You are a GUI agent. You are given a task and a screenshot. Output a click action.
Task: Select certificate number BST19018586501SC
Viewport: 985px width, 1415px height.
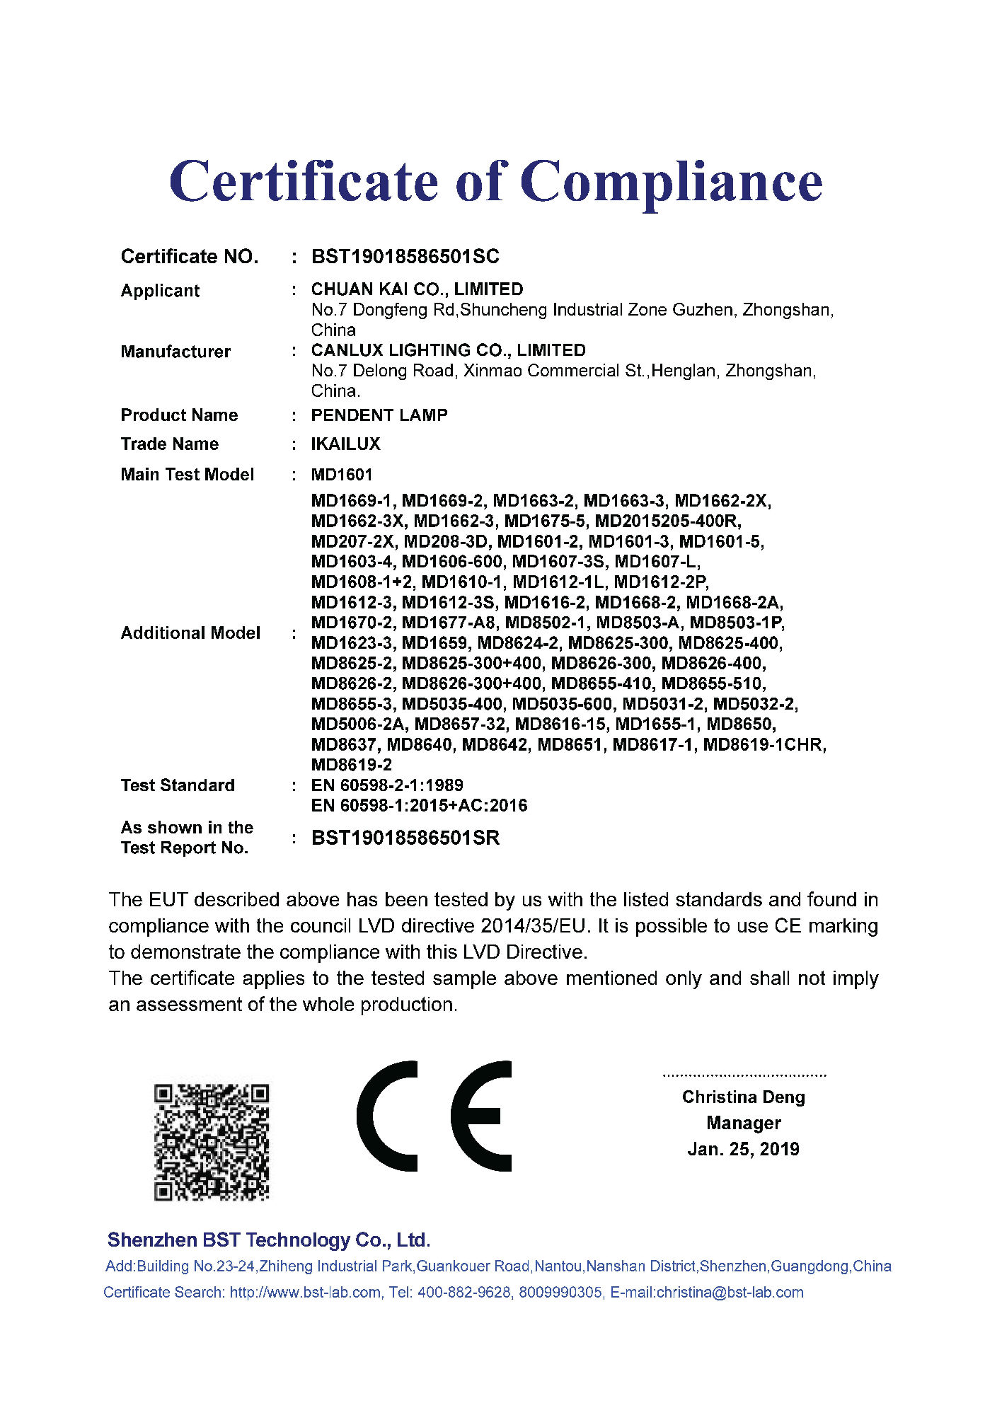pyautogui.click(x=405, y=256)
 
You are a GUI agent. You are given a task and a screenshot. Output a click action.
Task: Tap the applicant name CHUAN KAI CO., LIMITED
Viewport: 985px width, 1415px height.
pyautogui.click(x=417, y=289)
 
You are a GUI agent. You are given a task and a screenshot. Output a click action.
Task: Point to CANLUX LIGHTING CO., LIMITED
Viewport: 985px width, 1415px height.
pyautogui.click(x=448, y=350)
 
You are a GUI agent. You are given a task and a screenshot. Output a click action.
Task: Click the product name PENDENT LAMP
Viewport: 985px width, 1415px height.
pyautogui.click(x=379, y=415)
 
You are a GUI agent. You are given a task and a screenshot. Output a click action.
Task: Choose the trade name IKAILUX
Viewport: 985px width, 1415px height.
pyautogui.click(x=345, y=444)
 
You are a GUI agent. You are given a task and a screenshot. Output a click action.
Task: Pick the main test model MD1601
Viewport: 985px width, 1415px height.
pyautogui.click(x=341, y=475)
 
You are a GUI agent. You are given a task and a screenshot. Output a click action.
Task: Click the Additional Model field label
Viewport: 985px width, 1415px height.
pyautogui.click(x=190, y=633)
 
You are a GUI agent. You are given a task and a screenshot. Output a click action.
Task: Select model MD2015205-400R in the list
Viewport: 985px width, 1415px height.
pyautogui.click(x=668, y=521)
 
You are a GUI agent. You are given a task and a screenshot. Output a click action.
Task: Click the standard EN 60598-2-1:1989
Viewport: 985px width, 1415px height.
pyautogui.click(x=387, y=785)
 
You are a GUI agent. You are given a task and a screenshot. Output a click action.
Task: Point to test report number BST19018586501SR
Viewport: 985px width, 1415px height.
pyautogui.click(x=405, y=838)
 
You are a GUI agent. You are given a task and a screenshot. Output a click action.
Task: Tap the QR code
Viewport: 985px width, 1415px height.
pyautogui.click(x=212, y=1142)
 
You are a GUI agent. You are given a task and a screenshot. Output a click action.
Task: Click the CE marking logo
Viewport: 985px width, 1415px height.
pyautogui.click(x=434, y=1116)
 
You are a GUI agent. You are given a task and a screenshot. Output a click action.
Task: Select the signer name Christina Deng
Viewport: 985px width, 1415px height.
pyautogui.click(x=743, y=1097)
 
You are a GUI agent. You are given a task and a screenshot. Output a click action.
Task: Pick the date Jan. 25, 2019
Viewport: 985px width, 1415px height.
pyautogui.click(x=743, y=1149)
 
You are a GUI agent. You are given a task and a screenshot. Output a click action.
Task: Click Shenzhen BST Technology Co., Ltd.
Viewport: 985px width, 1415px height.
pyautogui.click(x=269, y=1240)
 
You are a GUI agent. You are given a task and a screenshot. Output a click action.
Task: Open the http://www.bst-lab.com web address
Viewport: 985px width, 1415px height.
pyautogui.click(x=305, y=1293)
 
